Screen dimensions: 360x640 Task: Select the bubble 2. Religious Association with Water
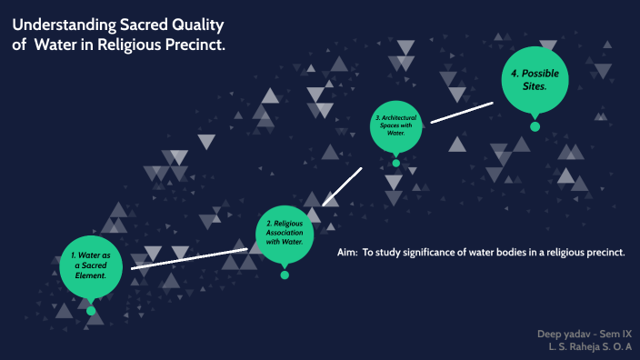pos(285,233)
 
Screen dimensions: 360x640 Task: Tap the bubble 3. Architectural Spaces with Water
pos(395,125)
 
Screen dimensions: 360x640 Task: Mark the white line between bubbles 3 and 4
pos(462,113)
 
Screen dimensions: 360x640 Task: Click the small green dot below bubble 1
pos(91,311)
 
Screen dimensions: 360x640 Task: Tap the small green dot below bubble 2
pos(285,274)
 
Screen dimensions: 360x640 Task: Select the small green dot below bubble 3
pos(395,163)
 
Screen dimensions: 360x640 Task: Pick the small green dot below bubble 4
pos(535,126)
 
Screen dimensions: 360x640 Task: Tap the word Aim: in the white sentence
pos(346,252)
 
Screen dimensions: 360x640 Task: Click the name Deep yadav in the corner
pos(559,334)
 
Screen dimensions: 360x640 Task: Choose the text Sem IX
pos(612,334)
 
